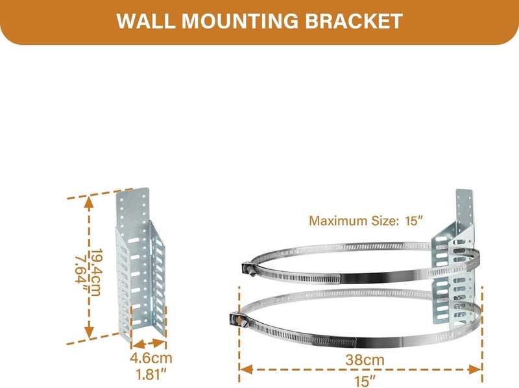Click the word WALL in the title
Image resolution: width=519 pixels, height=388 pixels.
pos(145,21)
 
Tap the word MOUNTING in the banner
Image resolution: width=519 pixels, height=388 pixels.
pos(240,21)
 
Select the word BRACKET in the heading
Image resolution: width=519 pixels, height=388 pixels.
pos(353,21)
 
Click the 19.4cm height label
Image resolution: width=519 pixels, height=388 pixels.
pos(96,272)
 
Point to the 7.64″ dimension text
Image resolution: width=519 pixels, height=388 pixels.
pos(81,272)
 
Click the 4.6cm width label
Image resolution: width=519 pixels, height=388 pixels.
pos(151,358)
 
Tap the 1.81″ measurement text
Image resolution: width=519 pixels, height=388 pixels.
pos(151,374)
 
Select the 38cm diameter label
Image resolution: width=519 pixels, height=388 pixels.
pos(365,360)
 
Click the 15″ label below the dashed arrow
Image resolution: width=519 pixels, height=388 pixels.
pos(365,381)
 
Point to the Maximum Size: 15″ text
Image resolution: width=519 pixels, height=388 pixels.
pos(366,221)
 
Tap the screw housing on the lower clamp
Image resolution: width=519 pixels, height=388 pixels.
pos(235,319)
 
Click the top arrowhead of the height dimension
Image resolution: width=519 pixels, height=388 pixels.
pos(89,202)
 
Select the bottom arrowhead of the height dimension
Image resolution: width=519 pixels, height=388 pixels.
pos(89,332)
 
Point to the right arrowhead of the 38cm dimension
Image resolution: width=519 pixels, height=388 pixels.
pos(475,369)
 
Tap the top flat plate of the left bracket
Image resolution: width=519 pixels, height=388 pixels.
pos(133,207)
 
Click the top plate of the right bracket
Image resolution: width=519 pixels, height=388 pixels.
pos(465,208)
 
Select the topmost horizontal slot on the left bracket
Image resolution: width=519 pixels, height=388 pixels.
pos(134,239)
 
